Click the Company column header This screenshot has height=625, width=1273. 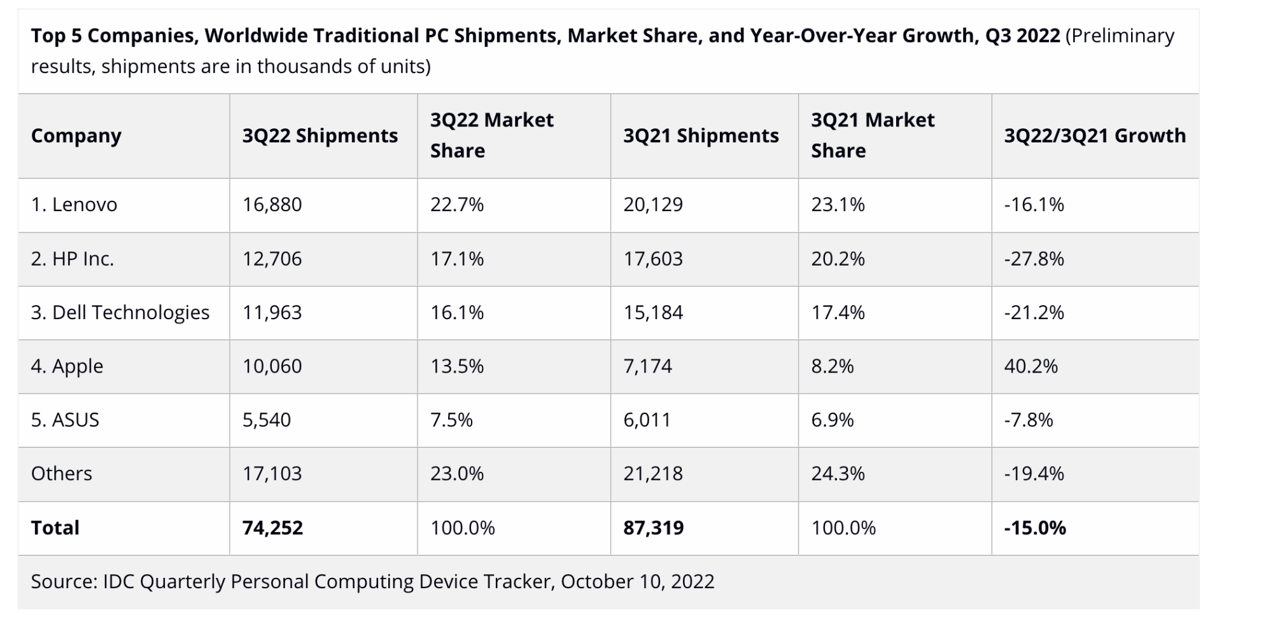[76, 135]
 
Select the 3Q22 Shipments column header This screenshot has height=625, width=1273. [320, 135]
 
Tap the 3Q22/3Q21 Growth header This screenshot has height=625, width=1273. [1095, 135]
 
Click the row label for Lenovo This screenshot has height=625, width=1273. [74, 205]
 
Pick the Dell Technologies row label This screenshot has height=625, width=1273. [120, 312]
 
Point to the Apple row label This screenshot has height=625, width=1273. [67, 366]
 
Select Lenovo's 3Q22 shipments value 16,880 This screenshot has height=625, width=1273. [272, 205]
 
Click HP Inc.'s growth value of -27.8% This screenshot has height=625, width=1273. [1034, 259]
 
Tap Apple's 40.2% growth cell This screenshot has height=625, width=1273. [1030, 366]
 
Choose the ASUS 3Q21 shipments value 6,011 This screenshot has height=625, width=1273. [647, 420]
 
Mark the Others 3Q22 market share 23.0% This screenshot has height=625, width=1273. [456, 474]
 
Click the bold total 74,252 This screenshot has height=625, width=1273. [272, 528]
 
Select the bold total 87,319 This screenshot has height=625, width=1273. [653, 528]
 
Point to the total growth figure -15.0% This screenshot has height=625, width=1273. [1034, 528]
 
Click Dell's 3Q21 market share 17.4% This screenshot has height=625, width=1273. [838, 312]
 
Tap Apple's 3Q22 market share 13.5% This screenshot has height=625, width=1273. [456, 366]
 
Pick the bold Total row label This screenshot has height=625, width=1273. [55, 528]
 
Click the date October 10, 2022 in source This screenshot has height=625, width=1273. [637, 581]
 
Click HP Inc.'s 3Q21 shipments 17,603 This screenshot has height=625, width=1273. [652, 259]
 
